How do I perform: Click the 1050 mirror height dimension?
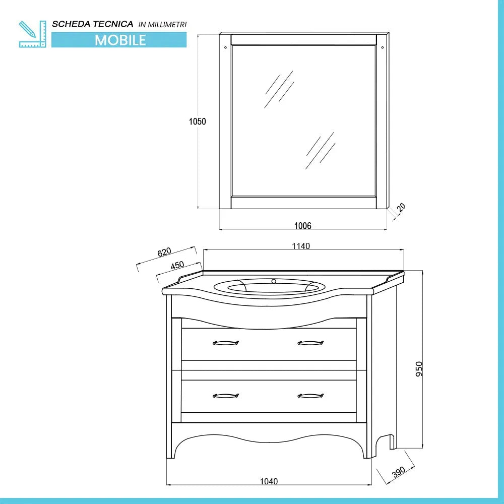(198, 121)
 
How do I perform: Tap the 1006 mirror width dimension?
(302, 226)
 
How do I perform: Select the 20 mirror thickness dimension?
(401, 208)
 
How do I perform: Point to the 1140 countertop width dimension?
(300, 246)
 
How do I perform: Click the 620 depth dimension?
(164, 252)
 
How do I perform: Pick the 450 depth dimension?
(177, 266)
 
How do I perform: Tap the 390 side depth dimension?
(399, 472)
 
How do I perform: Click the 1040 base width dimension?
(269, 481)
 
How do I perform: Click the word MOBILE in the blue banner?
(119, 40)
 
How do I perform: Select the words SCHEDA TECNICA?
(93, 24)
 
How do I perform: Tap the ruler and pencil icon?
(32, 34)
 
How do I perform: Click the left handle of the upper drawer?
(225, 343)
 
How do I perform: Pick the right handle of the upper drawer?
(310, 343)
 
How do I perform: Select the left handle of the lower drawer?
(225, 396)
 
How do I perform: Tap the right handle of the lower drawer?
(310, 396)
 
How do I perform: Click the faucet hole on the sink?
(274, 281)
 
